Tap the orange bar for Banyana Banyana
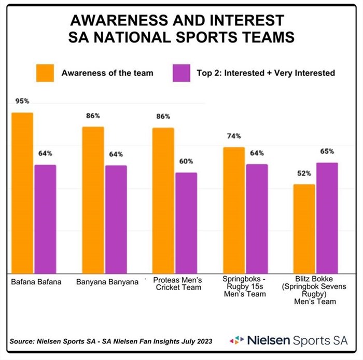93,200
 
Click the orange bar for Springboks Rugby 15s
234,210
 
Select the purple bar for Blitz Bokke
327,218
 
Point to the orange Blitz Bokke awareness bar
304,228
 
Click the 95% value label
22,102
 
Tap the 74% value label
234,136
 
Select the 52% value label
304,174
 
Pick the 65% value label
327,152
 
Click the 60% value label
186,161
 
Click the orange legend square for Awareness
45,73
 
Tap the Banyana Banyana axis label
107,282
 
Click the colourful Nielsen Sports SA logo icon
237,340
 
